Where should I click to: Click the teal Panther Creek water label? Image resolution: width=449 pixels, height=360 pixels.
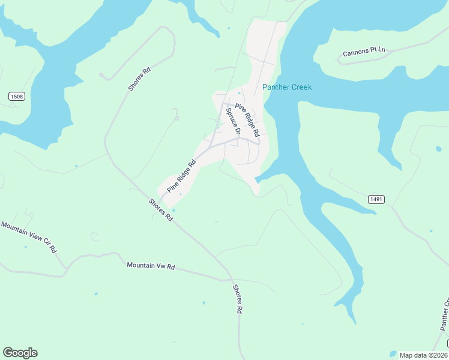[x=287, y=88]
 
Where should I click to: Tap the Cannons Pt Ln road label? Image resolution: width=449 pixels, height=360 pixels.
[x=364, y=53]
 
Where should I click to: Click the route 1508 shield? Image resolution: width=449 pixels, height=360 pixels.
[x=17, y=97]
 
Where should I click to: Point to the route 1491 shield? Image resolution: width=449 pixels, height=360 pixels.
[x=376, y=199]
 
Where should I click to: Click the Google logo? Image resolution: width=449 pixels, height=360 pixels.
[x=20, y=353]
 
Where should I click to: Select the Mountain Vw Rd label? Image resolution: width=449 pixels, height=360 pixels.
[x=150, y=265]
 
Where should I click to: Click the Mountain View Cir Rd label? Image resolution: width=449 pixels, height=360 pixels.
[x=28, y=236]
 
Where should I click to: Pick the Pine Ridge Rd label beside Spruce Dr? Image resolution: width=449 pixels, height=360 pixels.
[x=247, y=119]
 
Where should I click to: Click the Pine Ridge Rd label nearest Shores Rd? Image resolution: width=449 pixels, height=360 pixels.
[x=182, y=176]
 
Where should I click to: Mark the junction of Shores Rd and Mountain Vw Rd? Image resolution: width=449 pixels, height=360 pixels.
[x=231, y=280]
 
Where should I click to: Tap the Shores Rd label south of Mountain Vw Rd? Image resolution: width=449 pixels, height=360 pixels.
[x=238, y=299]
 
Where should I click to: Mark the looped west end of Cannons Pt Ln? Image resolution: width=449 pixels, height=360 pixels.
[x=340, y=61]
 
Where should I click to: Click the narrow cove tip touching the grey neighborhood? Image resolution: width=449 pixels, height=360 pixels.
[x=256, y=179]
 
